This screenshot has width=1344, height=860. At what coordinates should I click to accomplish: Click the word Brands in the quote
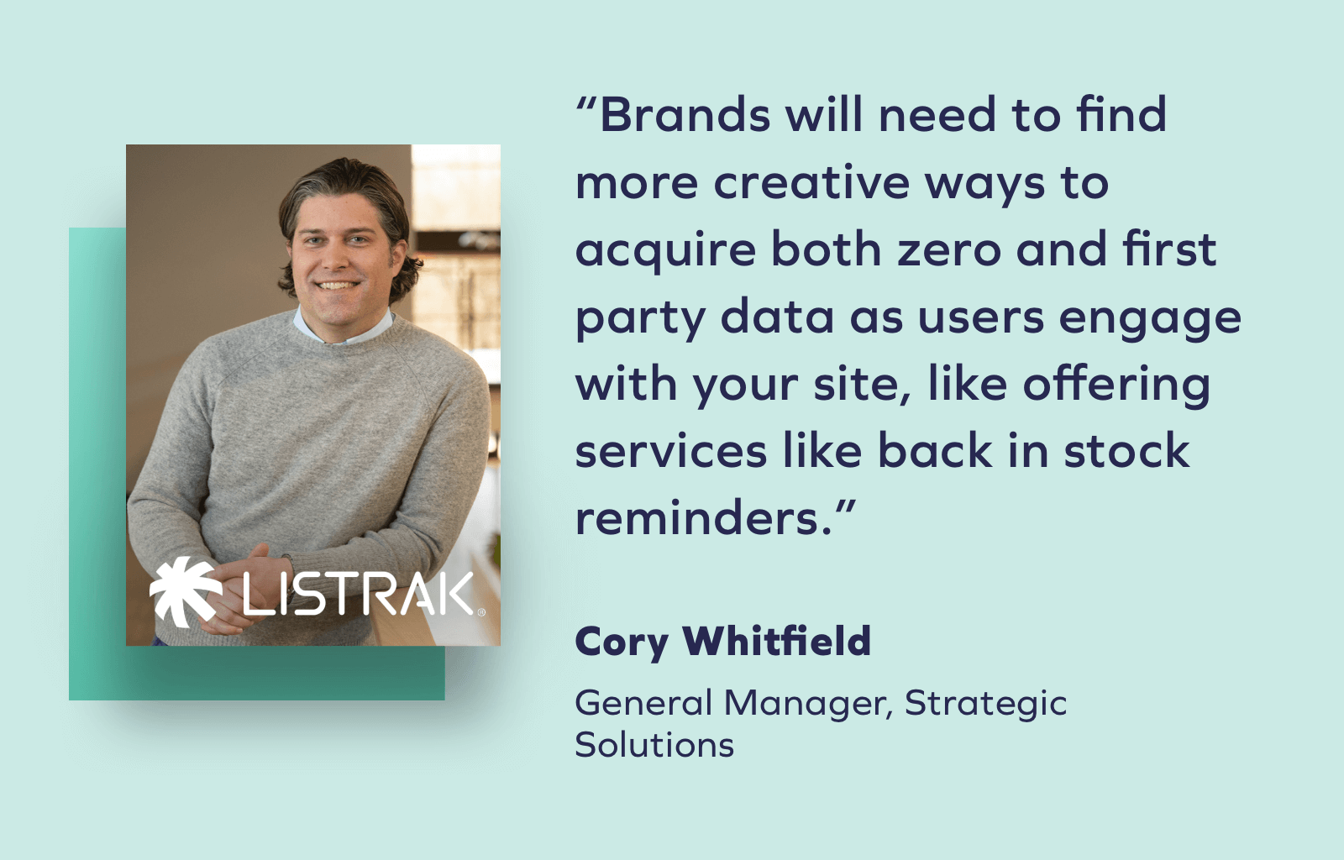[x=685, y=115]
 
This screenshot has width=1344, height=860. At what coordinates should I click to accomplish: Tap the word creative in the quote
[x=811, y=182]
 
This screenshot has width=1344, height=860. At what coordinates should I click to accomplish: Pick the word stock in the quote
[x=1126, y=451]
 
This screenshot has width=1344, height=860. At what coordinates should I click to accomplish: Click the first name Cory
[x=622, y=642]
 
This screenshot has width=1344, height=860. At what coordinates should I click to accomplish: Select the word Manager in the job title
[x=806, y=704]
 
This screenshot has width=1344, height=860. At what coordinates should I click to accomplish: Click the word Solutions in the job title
[x=654, y=745]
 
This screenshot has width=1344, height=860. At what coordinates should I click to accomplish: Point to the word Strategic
[x=985, y=704]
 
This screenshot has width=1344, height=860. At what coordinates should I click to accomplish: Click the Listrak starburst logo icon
[x=185, y=592]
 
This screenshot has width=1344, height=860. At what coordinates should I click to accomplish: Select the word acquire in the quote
[x=665, y=251]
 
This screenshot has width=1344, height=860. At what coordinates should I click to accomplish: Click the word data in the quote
[x=777, y=317]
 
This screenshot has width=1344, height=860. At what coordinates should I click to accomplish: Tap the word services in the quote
[x=670, y=451]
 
